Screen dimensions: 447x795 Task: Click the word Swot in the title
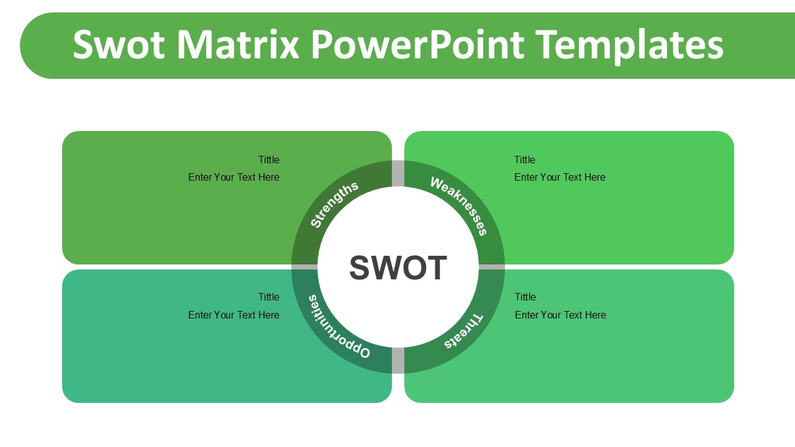(x=119, y=45)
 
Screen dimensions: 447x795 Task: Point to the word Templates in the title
(x=629, y=45)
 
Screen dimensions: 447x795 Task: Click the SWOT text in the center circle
(x=398, y=268)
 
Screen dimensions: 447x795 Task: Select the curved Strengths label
(x=334, y=204)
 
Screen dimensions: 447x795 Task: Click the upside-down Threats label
(x=463, y=332)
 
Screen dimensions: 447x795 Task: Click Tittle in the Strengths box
(x=269, y=160)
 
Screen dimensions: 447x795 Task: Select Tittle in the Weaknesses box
(x=525, y=160)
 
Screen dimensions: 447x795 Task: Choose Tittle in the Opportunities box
(x=269, y=297)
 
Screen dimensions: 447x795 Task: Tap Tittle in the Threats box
(x=525, y=297)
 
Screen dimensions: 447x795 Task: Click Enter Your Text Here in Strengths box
(x=234, y=177)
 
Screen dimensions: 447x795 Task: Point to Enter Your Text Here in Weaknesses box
(x=560, y=177)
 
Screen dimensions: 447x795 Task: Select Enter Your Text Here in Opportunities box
(x=234, y=315)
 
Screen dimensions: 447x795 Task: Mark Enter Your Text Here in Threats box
(x=560, y=315)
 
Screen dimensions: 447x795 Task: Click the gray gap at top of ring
(x=398, y=173)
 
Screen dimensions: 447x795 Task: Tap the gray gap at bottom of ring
(x=398, y=361)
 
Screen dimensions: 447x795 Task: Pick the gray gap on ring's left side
(x=304, y=267)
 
